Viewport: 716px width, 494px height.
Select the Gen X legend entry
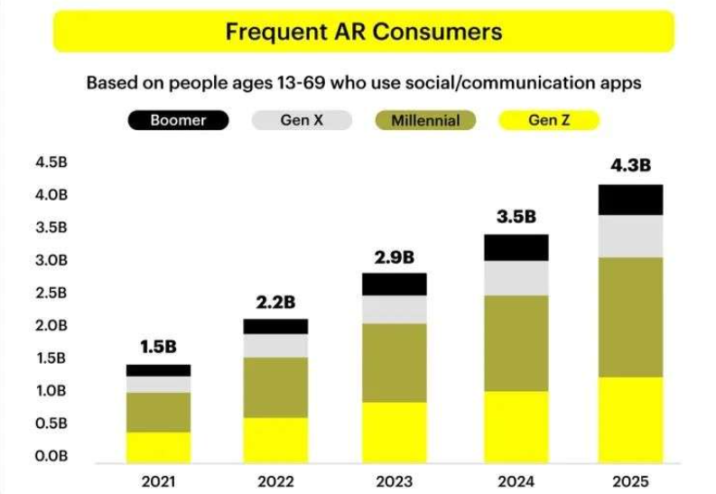302,120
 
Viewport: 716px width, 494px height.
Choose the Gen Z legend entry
548,120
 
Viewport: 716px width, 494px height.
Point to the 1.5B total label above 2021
158,346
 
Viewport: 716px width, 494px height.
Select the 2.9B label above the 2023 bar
395,256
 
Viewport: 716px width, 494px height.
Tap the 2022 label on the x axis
276,480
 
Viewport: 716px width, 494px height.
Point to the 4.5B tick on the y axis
52,163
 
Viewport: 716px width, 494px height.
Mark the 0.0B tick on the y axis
52,456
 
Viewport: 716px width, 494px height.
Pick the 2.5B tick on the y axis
52,293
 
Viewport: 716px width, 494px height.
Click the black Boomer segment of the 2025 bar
632,200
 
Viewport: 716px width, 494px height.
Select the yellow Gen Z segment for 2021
158,445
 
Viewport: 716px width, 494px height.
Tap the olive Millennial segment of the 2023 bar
395,362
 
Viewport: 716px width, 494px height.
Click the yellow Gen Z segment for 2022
276,438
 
